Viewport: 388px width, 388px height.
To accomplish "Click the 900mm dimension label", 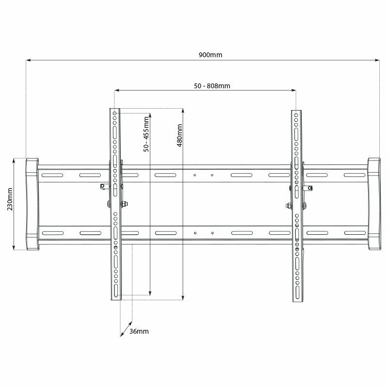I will pyautogui.click(x=210, y=55).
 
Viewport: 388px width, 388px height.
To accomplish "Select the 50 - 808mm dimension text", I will pyautogui.click(x=212, y=86).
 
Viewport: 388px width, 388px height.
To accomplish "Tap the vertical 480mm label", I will pyautogui.click(x=179, y=135).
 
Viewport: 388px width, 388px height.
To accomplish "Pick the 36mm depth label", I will pyautogui.click(x=139, y=331).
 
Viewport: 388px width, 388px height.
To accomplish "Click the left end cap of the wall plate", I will pyautogui.click(x=32, y=204).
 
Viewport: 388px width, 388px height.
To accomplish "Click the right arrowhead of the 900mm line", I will pyautogui.click(x=377, y=60).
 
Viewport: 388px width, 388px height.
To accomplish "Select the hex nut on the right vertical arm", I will pyautogui.click(x=289, y=205).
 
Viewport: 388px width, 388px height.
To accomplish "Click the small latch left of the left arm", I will pyautogui.click(x=103, y=186).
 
